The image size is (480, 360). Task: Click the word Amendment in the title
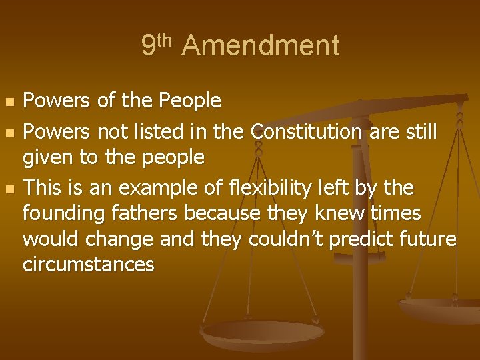pos(260,46)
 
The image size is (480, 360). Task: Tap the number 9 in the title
pos(149,46)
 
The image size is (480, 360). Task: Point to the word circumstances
pos(89,264)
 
